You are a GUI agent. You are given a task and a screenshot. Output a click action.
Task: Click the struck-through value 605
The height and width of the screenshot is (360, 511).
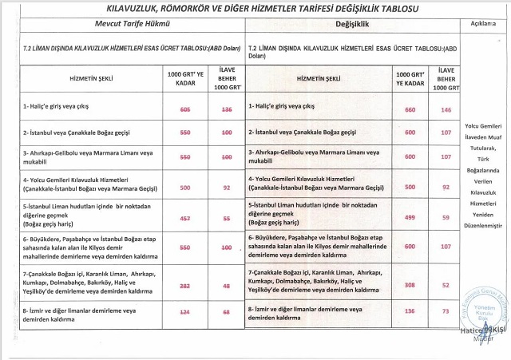[185, 109]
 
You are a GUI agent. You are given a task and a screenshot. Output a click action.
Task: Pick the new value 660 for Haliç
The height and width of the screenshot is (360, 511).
[411, 109]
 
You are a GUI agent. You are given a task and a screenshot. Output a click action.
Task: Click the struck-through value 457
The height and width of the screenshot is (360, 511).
[185, 218]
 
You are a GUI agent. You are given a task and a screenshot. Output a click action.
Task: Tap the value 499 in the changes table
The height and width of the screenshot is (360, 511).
[411, 218]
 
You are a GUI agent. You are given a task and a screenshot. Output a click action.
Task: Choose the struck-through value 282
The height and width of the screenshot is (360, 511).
[185, 285]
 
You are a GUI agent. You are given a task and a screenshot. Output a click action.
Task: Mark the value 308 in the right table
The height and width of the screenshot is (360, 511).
[411, 285]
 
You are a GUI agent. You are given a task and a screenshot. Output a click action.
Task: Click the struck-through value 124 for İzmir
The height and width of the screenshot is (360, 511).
[185, 311]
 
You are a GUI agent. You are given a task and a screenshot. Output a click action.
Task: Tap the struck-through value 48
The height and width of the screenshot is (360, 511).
[227, 285]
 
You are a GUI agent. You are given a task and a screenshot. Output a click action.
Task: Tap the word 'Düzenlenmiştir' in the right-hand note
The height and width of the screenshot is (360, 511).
[485, 226]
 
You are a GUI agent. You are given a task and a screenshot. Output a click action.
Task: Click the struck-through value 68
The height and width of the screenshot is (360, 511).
[227, 311]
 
